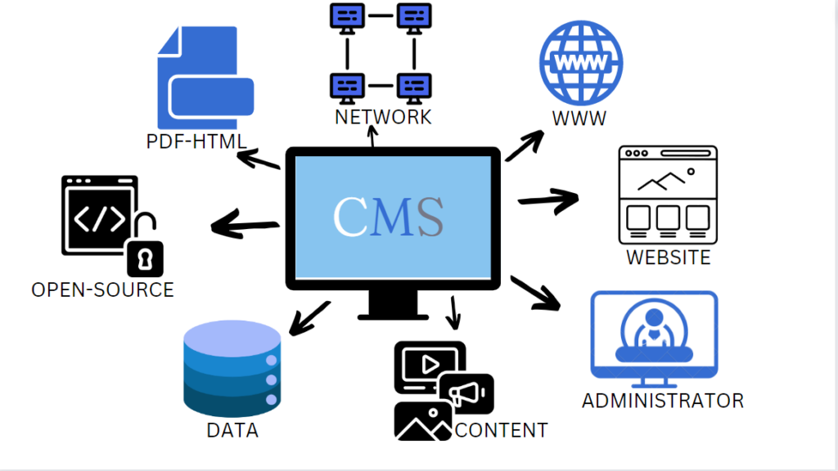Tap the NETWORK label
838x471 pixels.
383,117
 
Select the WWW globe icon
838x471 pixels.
580,63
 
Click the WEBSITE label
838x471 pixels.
669,258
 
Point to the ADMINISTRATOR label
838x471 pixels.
663,401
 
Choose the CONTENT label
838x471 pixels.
501,429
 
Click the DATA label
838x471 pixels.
232,430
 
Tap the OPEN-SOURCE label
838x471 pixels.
102,289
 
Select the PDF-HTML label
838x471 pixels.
196,141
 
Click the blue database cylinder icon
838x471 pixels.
232,369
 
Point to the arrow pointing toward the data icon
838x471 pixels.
309,318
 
